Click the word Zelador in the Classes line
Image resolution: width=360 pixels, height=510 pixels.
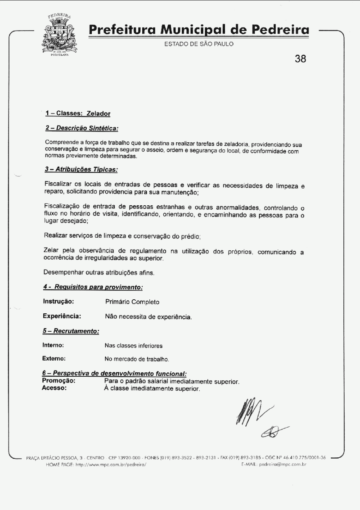[98, 113]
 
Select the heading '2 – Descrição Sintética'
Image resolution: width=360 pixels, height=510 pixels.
[81, 128]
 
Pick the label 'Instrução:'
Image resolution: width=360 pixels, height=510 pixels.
[58, 302]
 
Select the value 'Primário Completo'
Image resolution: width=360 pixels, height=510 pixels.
[132, 302]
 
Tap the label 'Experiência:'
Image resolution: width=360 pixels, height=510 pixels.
[62, 316]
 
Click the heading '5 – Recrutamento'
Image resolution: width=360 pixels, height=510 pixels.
[71, 331]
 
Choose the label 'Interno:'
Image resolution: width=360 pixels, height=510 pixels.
[53, 345]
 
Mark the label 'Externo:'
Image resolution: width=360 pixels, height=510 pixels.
[54, 359]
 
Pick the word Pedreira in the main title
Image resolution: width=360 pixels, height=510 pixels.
[274, 31]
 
